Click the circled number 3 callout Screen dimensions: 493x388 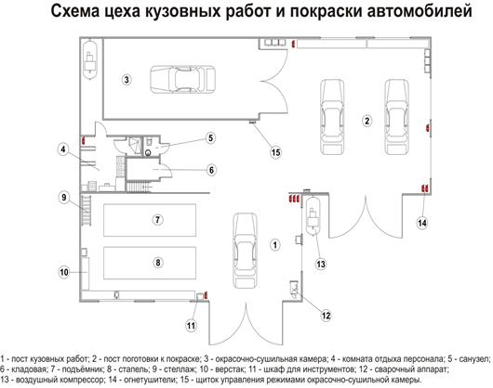point(127,80)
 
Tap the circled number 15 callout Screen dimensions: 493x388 point(275,153)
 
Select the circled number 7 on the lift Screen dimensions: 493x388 point(158,220)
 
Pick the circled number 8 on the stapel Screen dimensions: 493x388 point(158,262)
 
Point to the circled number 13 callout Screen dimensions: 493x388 point(321,265)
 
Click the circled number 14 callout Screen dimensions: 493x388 point(422,223)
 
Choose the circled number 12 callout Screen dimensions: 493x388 point(326,316)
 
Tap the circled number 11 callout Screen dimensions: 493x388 point(192,326)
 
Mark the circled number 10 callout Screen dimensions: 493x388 point(64,272)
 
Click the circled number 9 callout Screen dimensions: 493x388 point(64,198)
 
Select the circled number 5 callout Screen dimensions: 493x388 point(210,137)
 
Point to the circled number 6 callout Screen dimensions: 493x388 point(211,170)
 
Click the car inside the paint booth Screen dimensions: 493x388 point(182,80)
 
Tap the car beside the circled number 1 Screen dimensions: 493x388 point(245,251)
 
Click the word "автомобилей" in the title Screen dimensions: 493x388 point(420,12)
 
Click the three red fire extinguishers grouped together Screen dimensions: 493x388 point(295,199)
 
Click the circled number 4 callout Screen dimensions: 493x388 point(63,149)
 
